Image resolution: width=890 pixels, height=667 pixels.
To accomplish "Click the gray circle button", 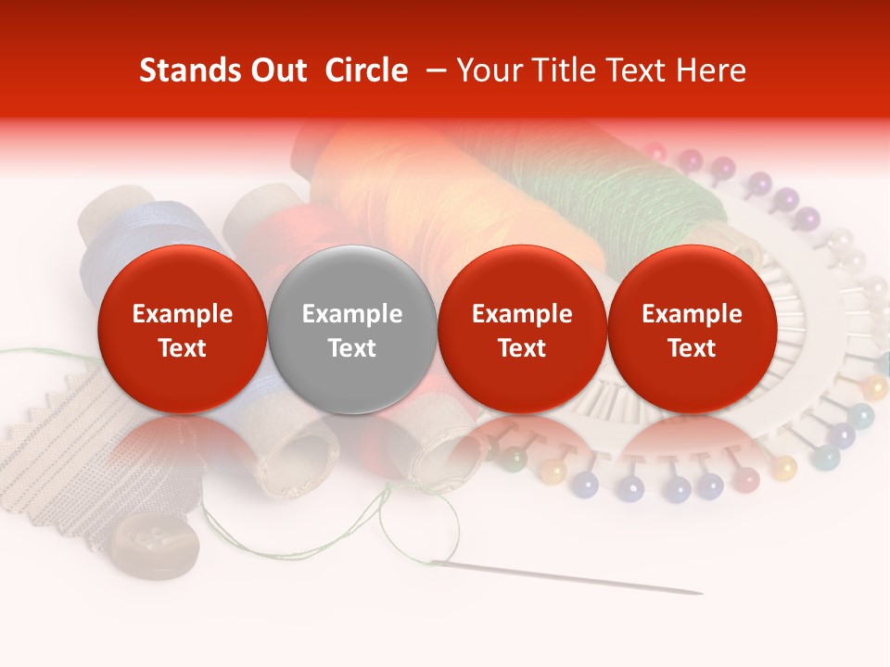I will pyautogui.click(x=352, y=329).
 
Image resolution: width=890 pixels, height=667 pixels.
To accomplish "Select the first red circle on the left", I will pyautogui.click(x=182, y=329).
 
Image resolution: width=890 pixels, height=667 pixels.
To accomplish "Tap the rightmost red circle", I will pyautogui.click(x=692, y=329).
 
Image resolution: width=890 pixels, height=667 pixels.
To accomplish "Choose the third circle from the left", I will pyautogui.click(x=522, y=329).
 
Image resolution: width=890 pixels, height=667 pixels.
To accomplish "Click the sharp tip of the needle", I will pyautogui.click(x=700, y=593).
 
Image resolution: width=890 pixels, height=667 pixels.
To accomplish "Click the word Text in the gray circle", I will pyautogui.click(x=352, y=348).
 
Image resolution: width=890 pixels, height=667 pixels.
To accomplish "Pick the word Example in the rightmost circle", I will pyautogui.click(x=692, y=314).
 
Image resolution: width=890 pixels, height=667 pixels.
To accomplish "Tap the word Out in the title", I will pyautogui.click(x=276, y=70).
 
